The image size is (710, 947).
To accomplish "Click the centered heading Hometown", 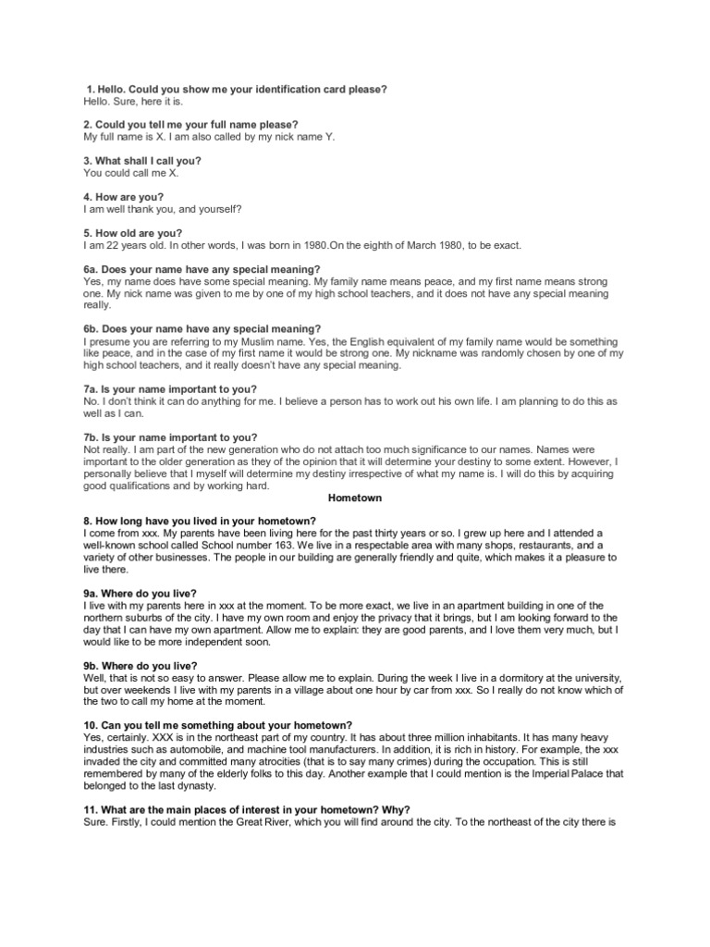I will (355, 497).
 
